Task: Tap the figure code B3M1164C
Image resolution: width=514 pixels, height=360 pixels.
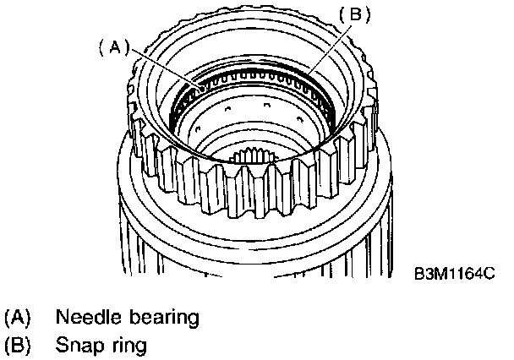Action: point(452,275)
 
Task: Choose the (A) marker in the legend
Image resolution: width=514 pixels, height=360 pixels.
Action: point(18,319)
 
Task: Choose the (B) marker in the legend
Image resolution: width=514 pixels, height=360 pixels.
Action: point(18,345)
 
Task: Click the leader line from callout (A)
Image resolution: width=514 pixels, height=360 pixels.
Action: point(161,68)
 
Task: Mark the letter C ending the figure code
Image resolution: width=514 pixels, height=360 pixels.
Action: point(488,275)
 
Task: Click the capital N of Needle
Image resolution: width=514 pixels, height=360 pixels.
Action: point(62,319)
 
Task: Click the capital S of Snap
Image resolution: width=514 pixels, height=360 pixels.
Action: point(62,345)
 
